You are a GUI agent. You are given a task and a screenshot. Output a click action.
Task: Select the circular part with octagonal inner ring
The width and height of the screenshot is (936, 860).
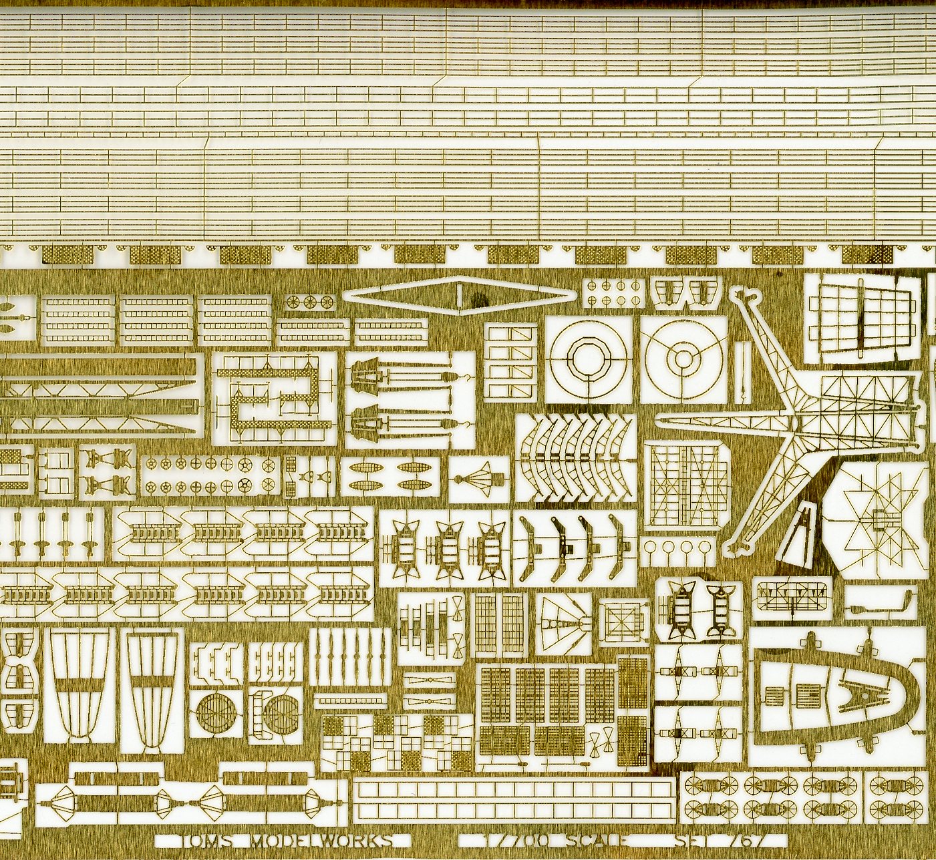click(x=588, y=359)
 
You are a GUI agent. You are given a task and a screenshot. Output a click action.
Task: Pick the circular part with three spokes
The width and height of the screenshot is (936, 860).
click(x=683, y=359)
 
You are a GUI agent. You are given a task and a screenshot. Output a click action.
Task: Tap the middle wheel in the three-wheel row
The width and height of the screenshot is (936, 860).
click(x=309, y=302)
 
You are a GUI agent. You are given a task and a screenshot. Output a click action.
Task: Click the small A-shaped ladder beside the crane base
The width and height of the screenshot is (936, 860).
click(x=805, y=533)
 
